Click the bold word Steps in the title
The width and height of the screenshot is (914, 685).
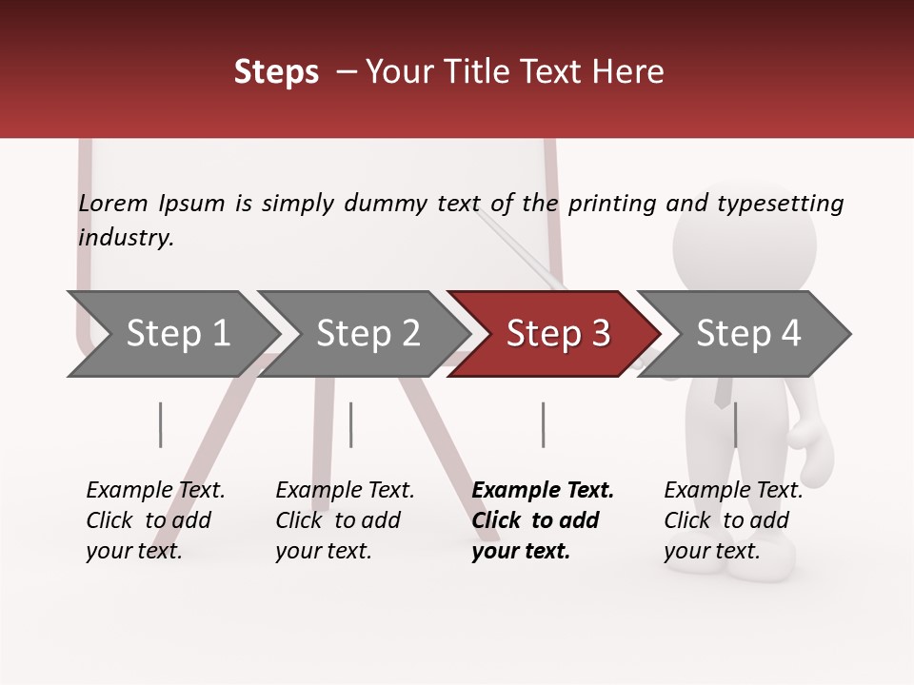coord(276,72)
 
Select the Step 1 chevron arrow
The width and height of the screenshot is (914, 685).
coord(171,334)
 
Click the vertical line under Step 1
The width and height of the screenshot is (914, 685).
coord(161,424)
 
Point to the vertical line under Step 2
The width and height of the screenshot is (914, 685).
coord(351,424)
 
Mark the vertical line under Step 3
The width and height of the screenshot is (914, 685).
coord(543,424)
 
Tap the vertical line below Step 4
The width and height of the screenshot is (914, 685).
coord(735,424)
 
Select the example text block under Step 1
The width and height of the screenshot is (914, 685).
coord(155,519)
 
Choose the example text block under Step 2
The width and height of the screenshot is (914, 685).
coord(345,519)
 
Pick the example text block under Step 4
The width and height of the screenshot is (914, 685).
coord(733,519)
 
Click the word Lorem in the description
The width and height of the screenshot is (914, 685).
coord(113,204)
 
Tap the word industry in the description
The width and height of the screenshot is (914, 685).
coord(126,238)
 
